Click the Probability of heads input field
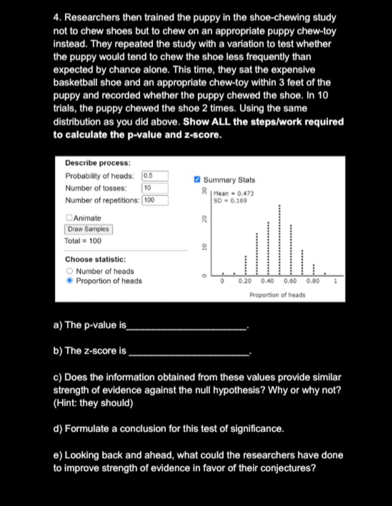(155, 176)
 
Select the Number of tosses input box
(155, 188)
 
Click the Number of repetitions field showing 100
(155, 200)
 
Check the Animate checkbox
(69, 218)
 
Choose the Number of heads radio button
(70, 271)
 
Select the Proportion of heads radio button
(70, 281)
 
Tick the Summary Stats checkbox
(197, 179)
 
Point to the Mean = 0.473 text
(234, 194)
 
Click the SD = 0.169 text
(230, 201)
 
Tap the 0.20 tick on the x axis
(245, 281)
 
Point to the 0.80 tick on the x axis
(313, 281)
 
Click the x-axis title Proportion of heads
(277, 295)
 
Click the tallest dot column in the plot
(279, 240)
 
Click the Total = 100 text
(83, 241)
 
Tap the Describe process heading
(98, 163)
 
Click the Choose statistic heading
(95, 259)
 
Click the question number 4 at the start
(57, 18)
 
